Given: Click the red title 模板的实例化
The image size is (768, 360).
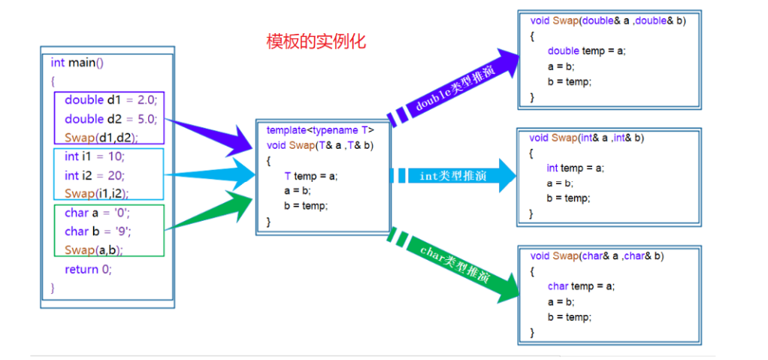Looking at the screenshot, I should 316,41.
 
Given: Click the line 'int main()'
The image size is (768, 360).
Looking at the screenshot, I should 77,62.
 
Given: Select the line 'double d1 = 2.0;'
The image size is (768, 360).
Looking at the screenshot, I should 110,100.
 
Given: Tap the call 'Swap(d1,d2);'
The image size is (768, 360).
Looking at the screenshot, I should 101,138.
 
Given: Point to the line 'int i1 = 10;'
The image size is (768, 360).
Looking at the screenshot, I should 95,156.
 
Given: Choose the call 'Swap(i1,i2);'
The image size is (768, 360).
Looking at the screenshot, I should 100,194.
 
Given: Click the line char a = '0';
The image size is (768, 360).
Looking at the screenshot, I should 98,213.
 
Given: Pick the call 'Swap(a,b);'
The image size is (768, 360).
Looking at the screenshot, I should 94,250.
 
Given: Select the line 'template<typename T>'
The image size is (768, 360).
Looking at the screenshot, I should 320,130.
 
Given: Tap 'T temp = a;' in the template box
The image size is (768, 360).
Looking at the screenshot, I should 310,176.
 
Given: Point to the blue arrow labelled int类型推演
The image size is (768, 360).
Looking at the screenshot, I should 454,176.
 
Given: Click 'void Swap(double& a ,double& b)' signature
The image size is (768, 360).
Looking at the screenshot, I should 607,20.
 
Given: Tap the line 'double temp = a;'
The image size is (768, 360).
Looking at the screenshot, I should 586,51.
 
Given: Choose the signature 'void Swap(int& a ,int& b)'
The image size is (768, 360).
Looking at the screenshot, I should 586,138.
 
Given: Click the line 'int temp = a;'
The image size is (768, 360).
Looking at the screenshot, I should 575,168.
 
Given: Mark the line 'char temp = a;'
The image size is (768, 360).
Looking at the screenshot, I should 581,286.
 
